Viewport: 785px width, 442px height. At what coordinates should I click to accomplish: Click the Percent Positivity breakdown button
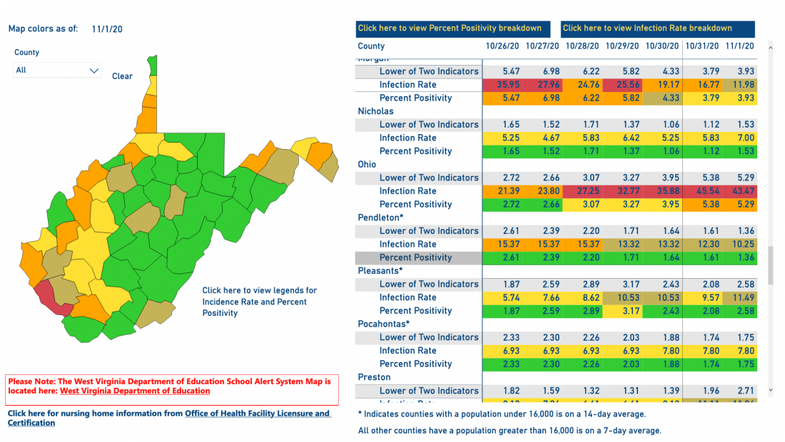tap(453, 29)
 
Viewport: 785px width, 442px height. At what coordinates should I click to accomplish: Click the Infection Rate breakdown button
tap(657, 29)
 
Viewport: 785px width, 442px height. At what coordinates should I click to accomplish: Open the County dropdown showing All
tap(57, 71)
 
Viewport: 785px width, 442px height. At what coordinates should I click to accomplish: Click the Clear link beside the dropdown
tap(122, 76)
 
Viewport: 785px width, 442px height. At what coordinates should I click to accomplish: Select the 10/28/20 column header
tap(582, 46)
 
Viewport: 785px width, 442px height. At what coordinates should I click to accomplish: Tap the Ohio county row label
tap(367, 165)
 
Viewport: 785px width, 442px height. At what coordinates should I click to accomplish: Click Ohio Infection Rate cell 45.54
tap(702, 191)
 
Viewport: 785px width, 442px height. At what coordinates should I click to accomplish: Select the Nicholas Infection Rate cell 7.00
tap(742, 138)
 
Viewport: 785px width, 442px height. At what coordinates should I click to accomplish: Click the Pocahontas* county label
tap(384, 324)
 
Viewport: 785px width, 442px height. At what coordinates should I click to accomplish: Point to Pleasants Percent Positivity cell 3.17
tap(622, 311)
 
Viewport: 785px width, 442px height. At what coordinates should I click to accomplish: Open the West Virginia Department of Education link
tap(135, 391)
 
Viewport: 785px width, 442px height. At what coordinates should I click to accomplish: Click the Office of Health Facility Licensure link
tap(257, 413)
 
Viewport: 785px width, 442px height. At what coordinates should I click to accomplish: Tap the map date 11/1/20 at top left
tap(107, 29)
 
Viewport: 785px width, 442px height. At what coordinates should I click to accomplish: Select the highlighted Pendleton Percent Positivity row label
tap(415, 257)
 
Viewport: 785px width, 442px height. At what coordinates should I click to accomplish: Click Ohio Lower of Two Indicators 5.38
tap(702, 178)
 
